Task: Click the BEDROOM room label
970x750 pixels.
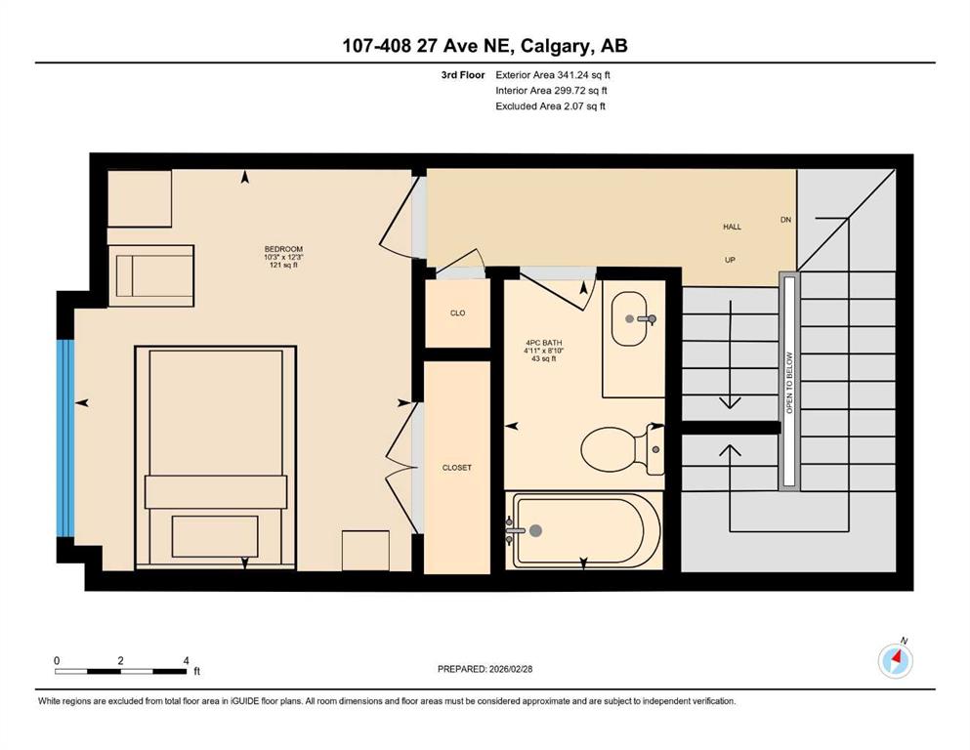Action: pos(283,249)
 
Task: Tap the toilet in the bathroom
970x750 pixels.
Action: pos(621,449)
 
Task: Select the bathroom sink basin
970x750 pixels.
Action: pos(630,319)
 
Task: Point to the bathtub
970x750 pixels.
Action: pos(584,530)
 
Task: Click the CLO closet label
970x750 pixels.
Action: pos(458,312)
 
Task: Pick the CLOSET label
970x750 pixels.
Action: pos(457,468)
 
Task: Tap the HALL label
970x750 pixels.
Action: pos(732,227)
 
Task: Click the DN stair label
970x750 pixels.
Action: pos(785,220)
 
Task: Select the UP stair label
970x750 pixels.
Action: pos(730,260)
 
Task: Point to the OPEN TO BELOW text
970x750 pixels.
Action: pos(788,383)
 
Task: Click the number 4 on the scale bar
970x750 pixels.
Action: pos(187,660)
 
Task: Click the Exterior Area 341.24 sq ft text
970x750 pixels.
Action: pos(553,75)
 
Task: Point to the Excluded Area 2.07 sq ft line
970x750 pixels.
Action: pos(550,105)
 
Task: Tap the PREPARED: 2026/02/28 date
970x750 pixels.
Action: pos(485,669)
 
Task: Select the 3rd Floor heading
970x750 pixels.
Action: pos(463,75)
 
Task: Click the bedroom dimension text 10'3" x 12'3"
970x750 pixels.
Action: pos(283,257)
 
